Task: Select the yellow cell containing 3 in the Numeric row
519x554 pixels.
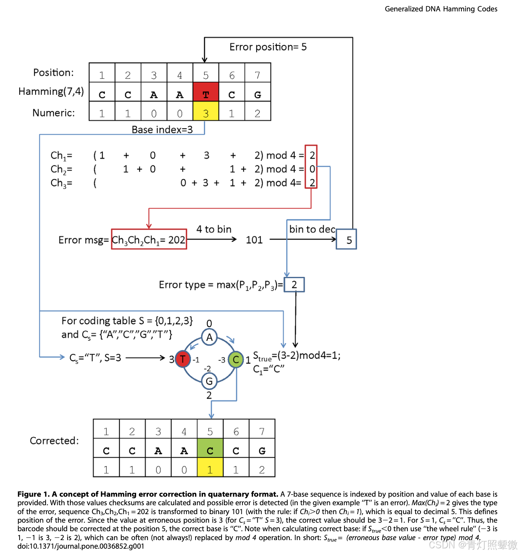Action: pos(206,111)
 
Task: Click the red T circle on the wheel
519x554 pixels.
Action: pos(182,359)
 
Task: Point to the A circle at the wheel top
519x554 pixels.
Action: pos(209,337)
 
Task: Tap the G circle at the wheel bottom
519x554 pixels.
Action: pos(209,381)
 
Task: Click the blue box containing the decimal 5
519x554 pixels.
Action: pos(346,239)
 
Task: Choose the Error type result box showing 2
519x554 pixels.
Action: pos(294,285)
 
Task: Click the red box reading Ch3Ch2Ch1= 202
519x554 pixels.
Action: pos(149,239)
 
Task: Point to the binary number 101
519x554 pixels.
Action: pos(254,240)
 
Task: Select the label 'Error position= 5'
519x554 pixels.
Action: pos(268,47)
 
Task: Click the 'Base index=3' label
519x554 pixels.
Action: pos(162,130)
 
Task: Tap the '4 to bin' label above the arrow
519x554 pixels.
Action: pos(214,229)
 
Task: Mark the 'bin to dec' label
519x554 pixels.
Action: pos(312,229)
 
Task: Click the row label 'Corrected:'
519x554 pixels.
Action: pos(54,441)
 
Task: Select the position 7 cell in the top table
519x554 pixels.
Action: pos(258,73)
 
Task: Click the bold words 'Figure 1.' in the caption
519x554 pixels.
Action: pos(33,494)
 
